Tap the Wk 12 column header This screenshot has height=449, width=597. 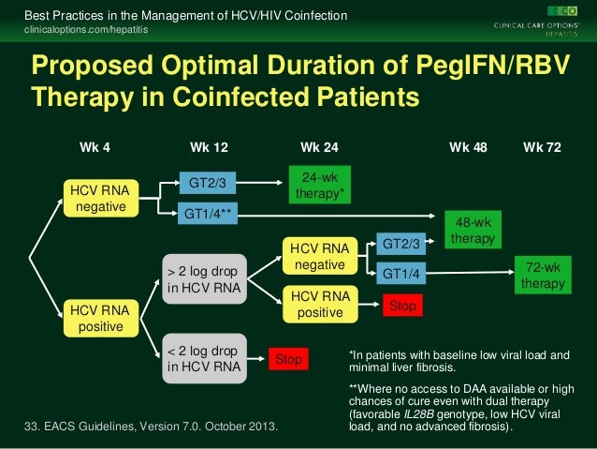tap(209, 147)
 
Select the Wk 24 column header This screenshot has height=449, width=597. tap(319, 147)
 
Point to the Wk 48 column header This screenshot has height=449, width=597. tap(468, 147)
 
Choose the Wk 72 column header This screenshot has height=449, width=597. tap(542, 147)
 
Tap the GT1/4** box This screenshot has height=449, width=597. tap(208, 214)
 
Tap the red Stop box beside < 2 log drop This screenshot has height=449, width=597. tap(289, 359)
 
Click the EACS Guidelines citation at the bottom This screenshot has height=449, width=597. tap(150, 427)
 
